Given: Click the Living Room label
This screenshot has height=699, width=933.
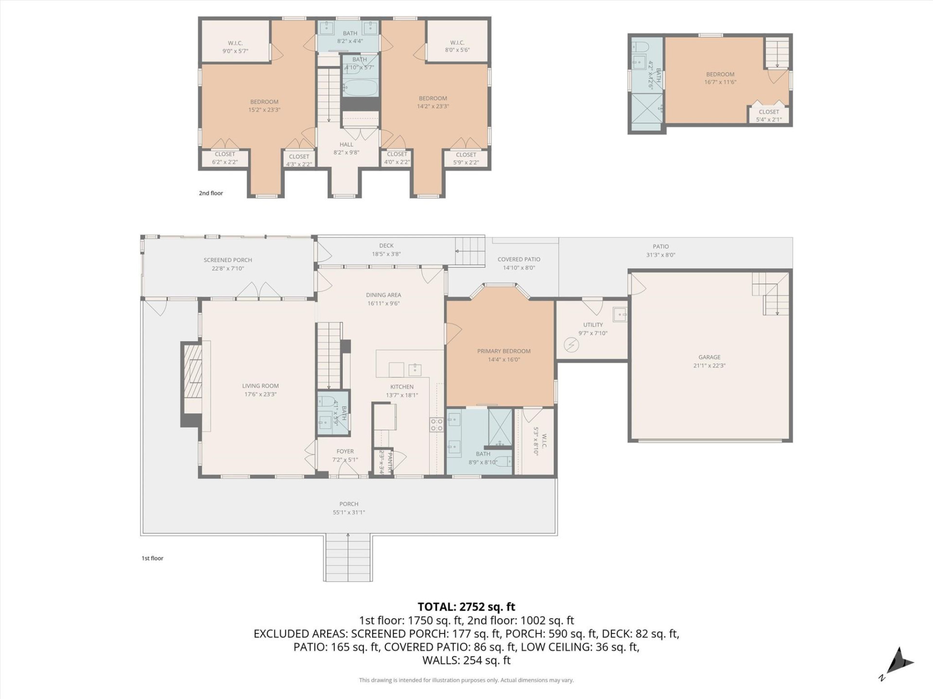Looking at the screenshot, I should click(260, 386).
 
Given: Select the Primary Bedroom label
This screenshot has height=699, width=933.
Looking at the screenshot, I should click(503, 351).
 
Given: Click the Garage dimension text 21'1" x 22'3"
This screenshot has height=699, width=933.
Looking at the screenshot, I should click(709, 366).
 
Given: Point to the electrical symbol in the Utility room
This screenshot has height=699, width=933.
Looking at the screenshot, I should click(571, 345).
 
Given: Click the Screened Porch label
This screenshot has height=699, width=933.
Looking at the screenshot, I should click(227, 260).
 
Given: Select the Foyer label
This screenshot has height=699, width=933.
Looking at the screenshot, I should click(345, 451).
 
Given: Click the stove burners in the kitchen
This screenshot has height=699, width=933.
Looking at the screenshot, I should click(436, 425).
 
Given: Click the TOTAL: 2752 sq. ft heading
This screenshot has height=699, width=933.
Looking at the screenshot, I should click(466, 607).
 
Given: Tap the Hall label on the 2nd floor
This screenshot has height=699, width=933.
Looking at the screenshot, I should click(346, 144).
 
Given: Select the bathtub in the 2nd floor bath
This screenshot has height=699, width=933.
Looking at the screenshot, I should click(360, 88).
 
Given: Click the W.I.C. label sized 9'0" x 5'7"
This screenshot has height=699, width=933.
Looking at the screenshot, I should click(235, 43).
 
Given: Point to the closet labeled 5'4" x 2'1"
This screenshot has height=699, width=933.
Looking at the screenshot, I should click(769, 115).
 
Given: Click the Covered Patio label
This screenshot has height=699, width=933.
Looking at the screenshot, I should click(518, 259).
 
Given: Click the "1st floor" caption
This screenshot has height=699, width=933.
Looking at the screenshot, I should click(152, 558).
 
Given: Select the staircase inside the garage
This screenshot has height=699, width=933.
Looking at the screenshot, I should click(770, 294).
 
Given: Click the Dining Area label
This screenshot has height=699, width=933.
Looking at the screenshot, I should click(383, 295).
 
